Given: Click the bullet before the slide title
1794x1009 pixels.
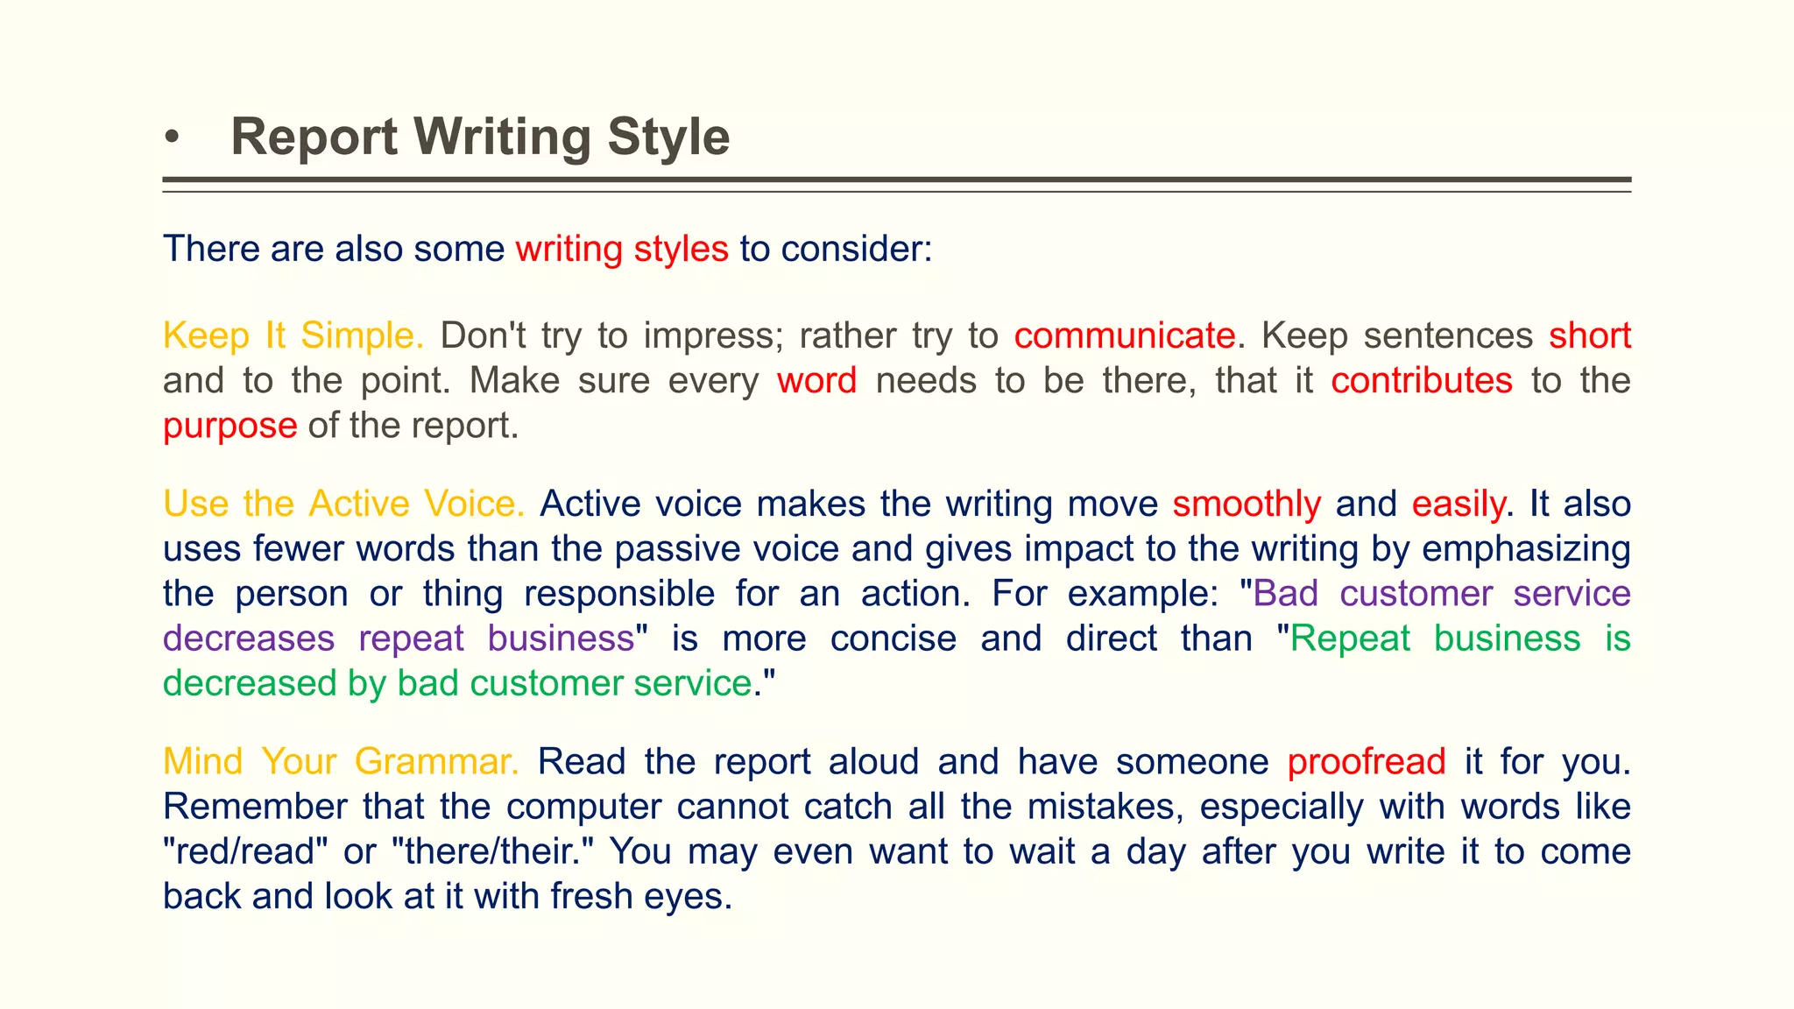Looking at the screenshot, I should [172, 138].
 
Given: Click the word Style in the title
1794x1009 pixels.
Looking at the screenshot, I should [667, 138].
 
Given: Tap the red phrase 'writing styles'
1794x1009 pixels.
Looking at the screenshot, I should [622, 249].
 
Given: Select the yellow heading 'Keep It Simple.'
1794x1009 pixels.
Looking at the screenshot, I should [293, 335].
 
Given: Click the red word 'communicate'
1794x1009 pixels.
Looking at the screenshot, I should [1125, 335].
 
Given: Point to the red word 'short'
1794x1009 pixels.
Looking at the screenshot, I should [1589, 335].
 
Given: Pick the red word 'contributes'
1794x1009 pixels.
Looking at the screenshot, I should [1421, 381].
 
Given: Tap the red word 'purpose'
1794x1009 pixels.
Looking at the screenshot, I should [230, 426].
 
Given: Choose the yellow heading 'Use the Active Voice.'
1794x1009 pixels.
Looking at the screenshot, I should [343, 504].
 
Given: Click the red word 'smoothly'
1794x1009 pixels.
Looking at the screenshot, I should [1247, 504].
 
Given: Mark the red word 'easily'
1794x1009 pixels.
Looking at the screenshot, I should [1459, 504].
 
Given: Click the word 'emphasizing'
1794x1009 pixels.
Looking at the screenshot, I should [1526, 549].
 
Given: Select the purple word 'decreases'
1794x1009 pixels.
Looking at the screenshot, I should [249, 639].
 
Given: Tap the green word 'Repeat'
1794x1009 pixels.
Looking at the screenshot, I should [1350, 639].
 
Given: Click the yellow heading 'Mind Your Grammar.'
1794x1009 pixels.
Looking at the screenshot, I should [341, 762].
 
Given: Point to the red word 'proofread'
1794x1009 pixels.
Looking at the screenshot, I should [1367, 762].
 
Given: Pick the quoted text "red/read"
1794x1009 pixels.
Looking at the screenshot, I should [240, 851].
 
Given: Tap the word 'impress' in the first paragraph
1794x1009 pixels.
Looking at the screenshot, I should [713, 335].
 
